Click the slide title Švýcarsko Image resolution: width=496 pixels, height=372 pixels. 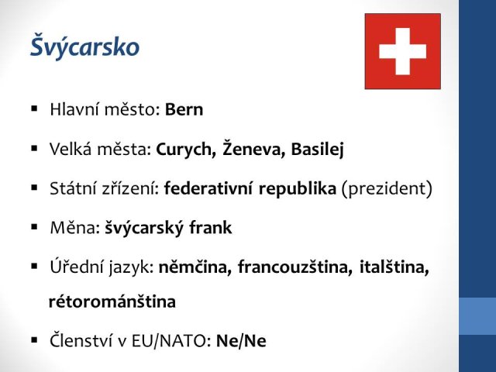[84, 46]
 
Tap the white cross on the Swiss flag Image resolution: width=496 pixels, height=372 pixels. [403, 51]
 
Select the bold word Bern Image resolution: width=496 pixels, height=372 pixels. [184, 109]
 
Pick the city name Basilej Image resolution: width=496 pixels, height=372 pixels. [317, 150]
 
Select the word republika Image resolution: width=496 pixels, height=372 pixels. [298, 189]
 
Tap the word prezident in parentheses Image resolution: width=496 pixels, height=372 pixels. [387, 189]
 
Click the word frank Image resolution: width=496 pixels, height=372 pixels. [210, 228]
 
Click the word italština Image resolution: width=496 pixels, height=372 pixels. [394, 267]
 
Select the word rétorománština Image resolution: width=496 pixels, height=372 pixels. [112, 301]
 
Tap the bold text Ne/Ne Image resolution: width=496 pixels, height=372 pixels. [241, 341]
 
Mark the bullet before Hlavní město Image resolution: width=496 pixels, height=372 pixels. [34, 109]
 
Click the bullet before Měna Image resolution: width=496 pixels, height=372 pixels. [34, 227]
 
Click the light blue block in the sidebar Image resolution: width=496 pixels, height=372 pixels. [477, 316]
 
